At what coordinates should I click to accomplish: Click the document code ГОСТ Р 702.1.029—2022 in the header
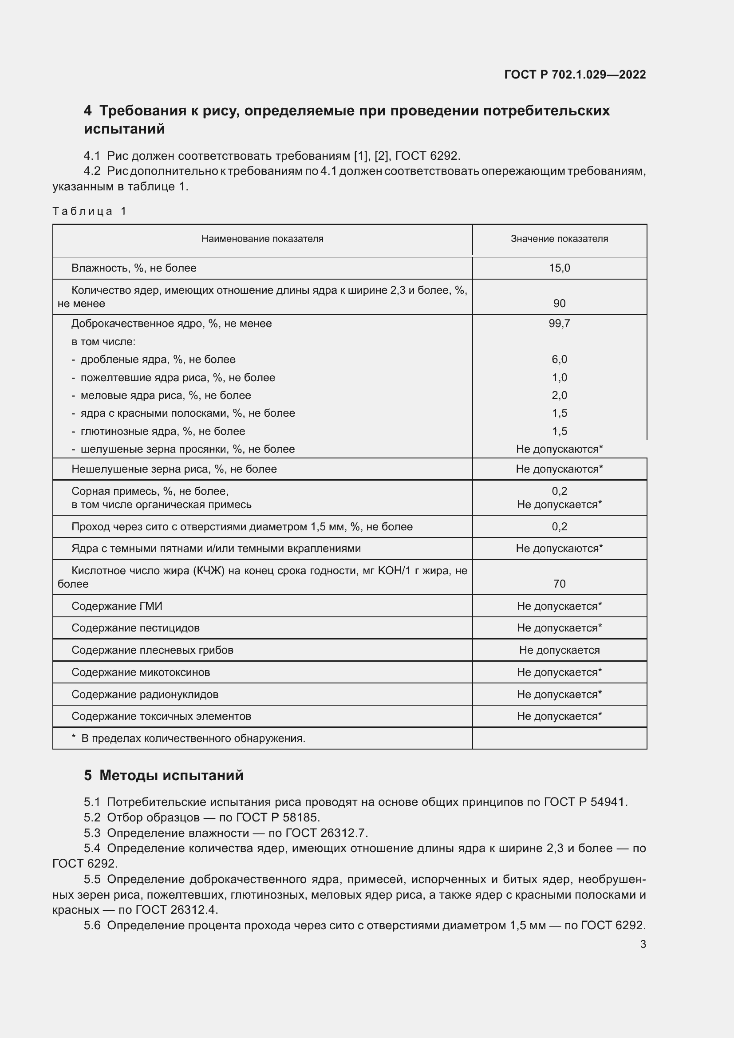575,75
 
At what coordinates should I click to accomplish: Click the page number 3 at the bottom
643,944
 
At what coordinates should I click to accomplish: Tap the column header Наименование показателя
262,239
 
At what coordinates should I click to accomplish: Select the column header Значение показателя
559,239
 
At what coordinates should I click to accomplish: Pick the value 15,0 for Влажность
559,268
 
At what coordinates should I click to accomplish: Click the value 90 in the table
559,304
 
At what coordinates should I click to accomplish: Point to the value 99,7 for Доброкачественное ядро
559,324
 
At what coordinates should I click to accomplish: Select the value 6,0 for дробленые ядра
559,359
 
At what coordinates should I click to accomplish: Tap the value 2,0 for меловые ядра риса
559,395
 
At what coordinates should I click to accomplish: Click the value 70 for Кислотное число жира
559,584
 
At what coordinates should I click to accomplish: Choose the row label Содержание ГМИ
117,606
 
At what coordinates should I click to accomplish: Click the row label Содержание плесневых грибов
152,650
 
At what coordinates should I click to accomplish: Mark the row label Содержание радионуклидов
145,695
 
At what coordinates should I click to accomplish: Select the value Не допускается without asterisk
559,650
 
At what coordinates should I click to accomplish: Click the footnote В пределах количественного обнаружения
193,738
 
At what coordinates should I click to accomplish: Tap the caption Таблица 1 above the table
90,211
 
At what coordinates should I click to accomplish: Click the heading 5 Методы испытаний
164,775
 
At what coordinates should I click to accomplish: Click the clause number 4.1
92,156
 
